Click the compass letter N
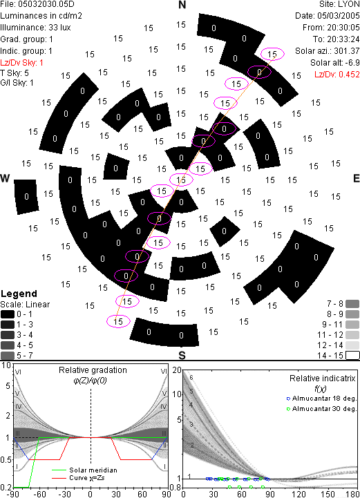182,5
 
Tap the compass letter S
182,355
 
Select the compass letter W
5,178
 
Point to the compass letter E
356,178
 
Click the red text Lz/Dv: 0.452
337,75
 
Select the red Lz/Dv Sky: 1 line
21,63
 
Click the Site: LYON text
339,4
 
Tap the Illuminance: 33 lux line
35,28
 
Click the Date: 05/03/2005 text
328,16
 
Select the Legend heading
19,294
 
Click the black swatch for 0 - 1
8,314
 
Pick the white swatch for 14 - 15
352,356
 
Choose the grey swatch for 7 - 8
352,304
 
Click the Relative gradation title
93,370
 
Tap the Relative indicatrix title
323,379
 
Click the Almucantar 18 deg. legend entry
321,399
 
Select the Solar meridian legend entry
85,470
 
